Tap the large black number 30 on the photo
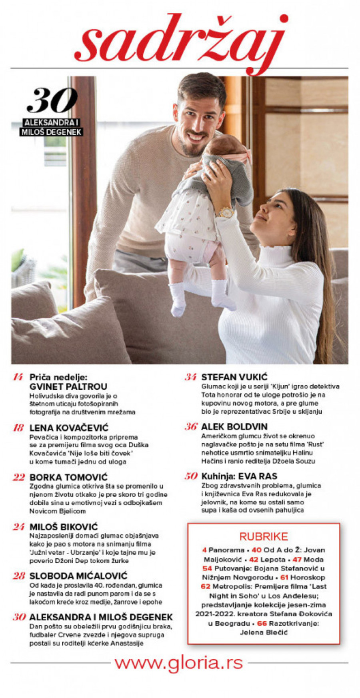click(x=52, y=101)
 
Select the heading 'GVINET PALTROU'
click(x=68, y=387)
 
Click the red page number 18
click(x=18, y=428)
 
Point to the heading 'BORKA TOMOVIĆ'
click(x=68, y=477)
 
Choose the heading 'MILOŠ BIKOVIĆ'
click(x=64, y=527)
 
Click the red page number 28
click(x=19, y=576)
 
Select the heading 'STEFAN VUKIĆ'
click(x=234, y=377)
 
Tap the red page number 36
click(x=191, y=427)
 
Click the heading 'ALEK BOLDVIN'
click(x=234, y=427)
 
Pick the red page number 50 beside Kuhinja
click(x=191, y=476)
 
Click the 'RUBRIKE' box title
click(x=264, y=536)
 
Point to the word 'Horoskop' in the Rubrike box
click(x=308, y=577)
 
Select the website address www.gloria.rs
click(x=179, y=663)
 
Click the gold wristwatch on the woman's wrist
click(x=226, y=212)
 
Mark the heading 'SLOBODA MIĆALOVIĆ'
click(x=78, y=576)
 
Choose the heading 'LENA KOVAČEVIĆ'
click(x=69, y=428)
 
